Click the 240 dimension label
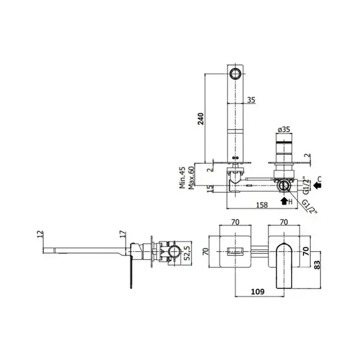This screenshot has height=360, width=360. coord(201,119)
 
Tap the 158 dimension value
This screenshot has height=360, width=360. coord(262,205)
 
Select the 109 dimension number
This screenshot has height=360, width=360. coord(257,292)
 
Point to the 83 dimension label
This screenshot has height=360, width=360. coord(317,265)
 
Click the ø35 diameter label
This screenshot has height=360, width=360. coord(284,130)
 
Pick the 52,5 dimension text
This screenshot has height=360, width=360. coord(187,253)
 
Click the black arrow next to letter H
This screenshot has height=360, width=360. coord(284,201)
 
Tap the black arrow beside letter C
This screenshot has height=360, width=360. coord(317,185)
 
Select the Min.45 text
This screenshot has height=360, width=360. coord(182,178)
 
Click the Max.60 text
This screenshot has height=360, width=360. coord(191,178)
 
